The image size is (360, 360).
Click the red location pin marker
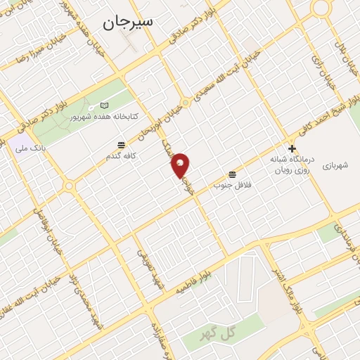coord(181,165)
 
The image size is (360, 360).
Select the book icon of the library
coord(105,105)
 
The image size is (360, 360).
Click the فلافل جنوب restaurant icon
coord(232,174)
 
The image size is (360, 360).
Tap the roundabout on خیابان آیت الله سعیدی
coord(186,103)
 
